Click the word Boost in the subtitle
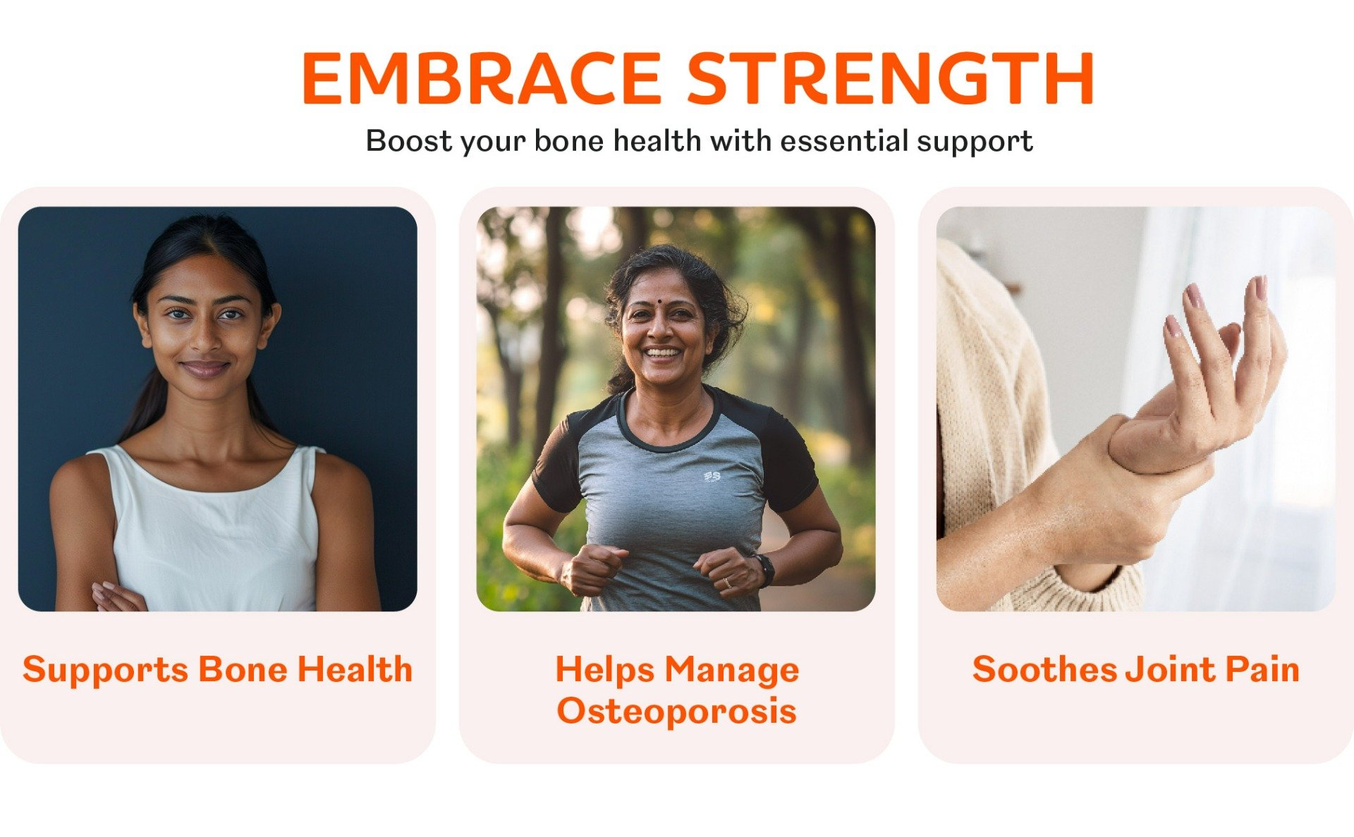point(409,141)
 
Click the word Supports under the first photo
point(105,671)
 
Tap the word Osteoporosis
point(676,711)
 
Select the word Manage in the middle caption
point(732,671)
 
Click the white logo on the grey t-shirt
point(712,477)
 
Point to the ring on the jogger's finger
point(727,583)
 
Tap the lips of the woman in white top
point(205,368)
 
